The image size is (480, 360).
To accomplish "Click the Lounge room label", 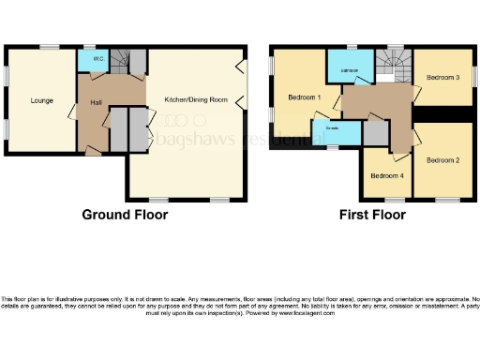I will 40,100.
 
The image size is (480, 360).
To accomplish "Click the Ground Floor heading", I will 125,215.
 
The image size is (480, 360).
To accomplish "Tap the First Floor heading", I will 372,215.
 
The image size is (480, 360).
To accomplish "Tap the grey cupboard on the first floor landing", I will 374,134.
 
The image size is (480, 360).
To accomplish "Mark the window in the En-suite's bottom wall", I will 330,147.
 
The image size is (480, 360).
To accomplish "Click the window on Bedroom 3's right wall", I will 473,75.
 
